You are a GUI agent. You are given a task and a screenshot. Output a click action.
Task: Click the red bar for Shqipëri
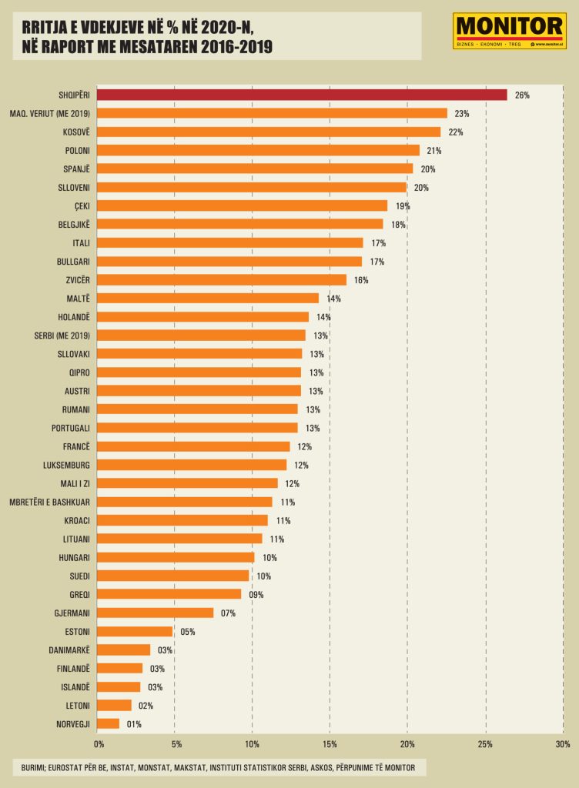(x=303, y=95)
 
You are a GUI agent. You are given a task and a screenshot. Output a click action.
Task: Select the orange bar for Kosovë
(x=269, y=132)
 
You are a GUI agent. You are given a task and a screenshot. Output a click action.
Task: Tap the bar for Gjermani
(x=156, y=613)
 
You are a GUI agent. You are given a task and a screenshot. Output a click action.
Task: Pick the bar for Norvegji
(x=109, y=723)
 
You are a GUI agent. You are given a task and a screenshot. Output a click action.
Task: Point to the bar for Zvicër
(x=223, y=280)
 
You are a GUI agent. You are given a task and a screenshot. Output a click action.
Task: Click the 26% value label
(x=522, y=95)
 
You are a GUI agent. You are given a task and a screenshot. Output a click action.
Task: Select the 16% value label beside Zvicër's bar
(x=361, y=280)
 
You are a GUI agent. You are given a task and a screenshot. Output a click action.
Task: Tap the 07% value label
(x=227, y=613)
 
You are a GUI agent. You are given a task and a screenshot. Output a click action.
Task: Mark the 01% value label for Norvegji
(x=133, y=724)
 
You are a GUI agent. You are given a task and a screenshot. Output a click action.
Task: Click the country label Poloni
(x=79, y=151)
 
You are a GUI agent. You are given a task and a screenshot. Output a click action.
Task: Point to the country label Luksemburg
(x=67, y=465)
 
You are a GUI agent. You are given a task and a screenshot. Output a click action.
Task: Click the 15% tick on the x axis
(x=330, y=744)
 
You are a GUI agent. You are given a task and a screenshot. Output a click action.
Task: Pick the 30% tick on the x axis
(x=562, y=744)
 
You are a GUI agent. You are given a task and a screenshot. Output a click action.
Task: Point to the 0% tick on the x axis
(x=99, y=744)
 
